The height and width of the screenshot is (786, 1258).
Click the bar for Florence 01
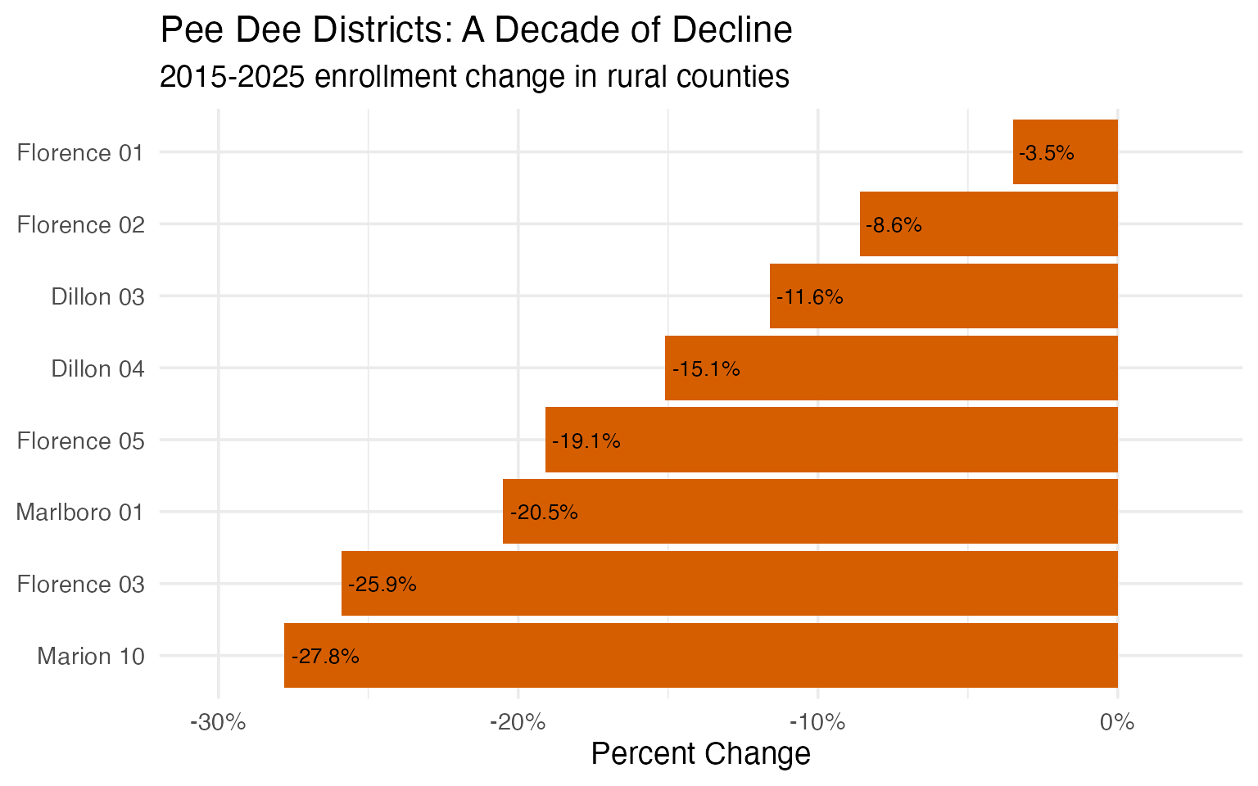point(1065,152)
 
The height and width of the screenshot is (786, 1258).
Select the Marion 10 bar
point(700,656)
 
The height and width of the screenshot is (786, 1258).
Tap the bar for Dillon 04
point(891,368)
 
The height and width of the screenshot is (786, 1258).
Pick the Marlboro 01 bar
point(810,512)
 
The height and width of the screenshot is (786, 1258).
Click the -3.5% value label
point(1047,153)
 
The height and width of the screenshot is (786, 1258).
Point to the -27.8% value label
point(325,657)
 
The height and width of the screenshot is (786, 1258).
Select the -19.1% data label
point(586,441)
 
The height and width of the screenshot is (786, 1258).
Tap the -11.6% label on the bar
point(809,297)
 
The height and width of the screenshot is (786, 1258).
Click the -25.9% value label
point(382,585)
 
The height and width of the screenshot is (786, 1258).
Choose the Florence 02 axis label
point(81,224)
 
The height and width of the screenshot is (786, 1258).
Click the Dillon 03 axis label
point(97,296)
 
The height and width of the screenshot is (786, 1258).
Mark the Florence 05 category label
point(81,440)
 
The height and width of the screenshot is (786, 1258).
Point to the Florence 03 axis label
point(81,584)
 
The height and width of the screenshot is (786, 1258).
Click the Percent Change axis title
point(700,754)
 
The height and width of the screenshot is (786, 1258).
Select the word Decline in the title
point(732,31)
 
